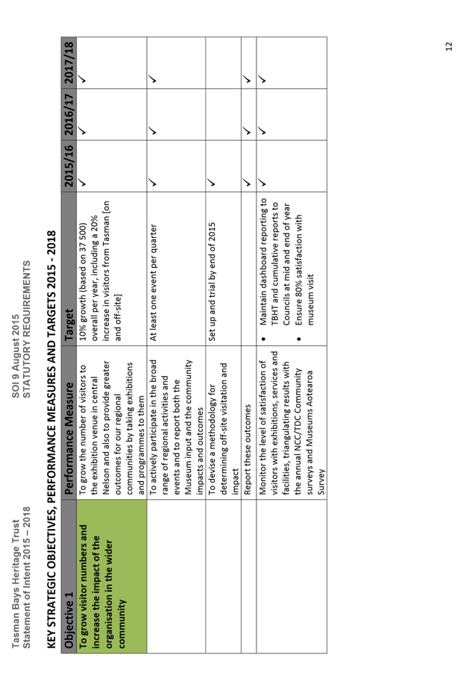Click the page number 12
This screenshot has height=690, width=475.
(449, 46)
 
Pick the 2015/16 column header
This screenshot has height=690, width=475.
(68, 166)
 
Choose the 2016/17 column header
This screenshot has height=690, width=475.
(68, 114)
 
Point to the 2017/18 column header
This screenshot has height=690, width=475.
(68, 63)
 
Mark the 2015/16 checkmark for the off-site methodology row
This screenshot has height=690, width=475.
(211, 182)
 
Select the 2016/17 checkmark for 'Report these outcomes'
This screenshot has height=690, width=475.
(248, 131)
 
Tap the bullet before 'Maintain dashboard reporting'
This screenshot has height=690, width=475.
(263, 339)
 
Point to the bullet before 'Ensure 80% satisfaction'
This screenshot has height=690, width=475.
(298, 339)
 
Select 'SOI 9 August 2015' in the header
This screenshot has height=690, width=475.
(16, 356)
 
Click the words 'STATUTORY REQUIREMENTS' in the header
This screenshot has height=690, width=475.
(26, 329)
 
